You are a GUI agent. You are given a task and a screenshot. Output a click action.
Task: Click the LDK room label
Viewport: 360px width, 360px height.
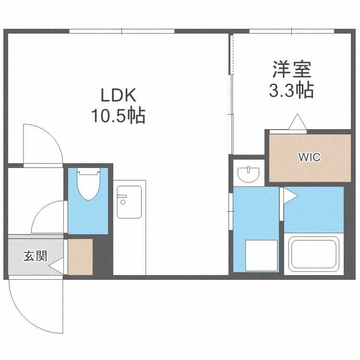point(118,96)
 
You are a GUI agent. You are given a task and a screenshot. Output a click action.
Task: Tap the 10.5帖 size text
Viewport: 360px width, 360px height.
point(118,116)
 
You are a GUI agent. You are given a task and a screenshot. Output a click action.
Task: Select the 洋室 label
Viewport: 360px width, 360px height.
point(292,70)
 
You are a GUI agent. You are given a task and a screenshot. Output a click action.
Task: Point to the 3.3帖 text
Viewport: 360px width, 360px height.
point(291,90)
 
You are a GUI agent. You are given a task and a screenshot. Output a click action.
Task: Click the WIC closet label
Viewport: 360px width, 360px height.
point(309,157)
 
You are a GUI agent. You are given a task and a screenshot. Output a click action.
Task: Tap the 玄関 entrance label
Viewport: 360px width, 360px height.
point(35,256)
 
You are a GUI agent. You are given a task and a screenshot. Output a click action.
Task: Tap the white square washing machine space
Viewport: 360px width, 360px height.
point(262,255)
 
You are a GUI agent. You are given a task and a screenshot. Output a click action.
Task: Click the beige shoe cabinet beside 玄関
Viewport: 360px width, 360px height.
point(80,257)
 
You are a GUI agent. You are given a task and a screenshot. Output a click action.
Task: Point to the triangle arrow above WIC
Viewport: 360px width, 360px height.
point(298,122)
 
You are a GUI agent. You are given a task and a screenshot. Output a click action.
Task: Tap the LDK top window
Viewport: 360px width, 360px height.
point(122,31)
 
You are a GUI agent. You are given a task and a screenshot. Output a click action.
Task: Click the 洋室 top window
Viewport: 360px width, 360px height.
point(292,31)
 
